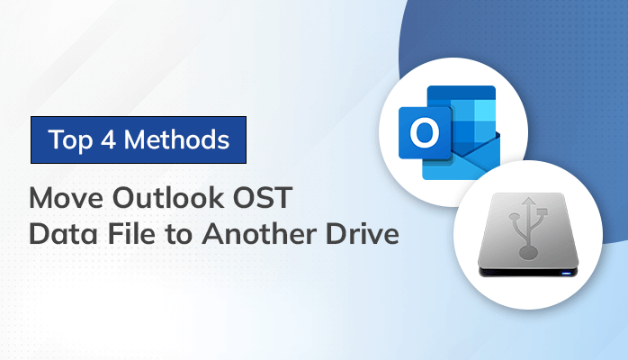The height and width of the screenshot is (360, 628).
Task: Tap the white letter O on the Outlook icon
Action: pos(422,133)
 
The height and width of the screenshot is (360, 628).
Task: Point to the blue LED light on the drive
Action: pos(564,274)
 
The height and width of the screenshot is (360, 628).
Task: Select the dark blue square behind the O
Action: pos(422,132)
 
